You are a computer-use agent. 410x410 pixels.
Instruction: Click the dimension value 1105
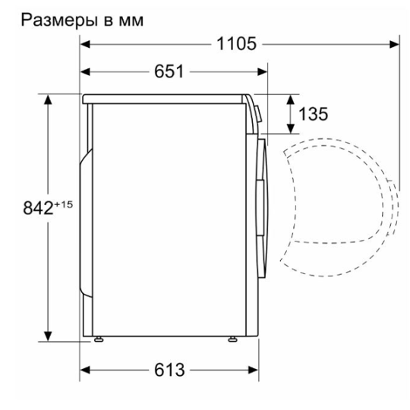click(x=237, y=44)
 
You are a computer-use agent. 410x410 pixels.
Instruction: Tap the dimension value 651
click(x=169, y=71)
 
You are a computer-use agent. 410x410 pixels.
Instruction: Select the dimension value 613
click(x=169, y=370)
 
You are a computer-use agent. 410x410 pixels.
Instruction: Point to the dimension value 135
click(x=314, y=114)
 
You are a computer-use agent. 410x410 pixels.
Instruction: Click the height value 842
click(x=38, y=208)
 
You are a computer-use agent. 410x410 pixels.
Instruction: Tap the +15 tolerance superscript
click(x=63, y=204)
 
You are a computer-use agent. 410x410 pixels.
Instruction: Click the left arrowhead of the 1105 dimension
click(x=85, y=44)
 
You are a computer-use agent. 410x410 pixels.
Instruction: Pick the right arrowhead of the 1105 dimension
click(x=394, y=44)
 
